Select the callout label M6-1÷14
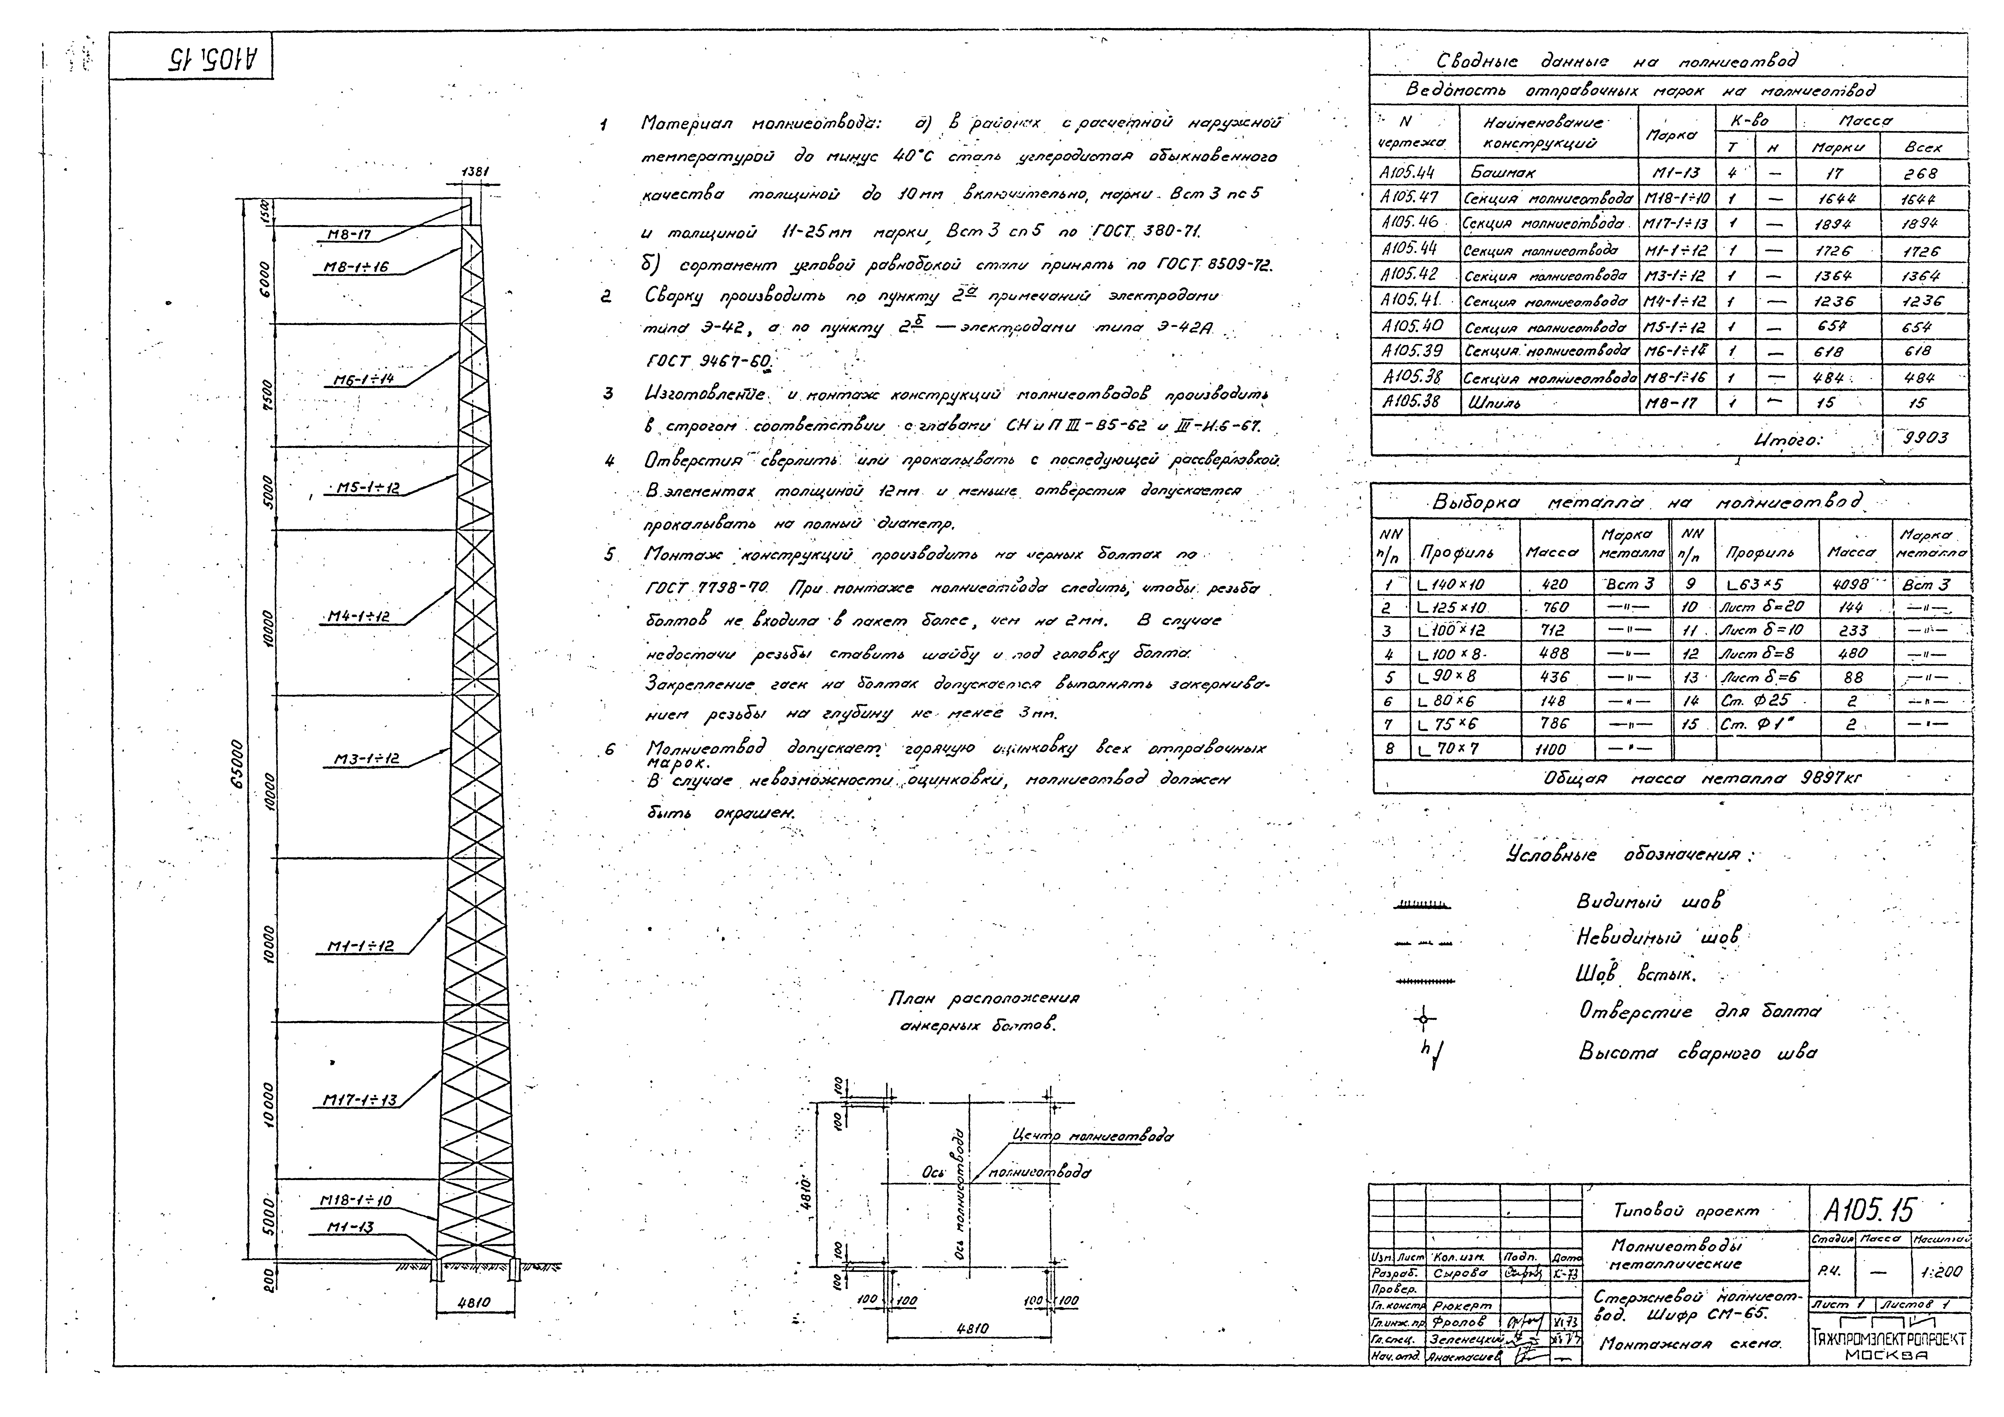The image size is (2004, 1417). [x=364, y=380]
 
